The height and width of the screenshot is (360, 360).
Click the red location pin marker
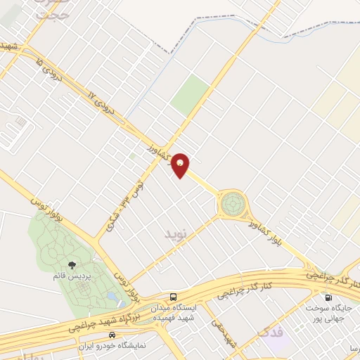pyautogui.click(x=181, y=165)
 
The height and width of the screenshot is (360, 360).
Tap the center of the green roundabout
pyautogui.click(x=233, y=205)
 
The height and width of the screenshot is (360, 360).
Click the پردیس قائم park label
pyautogui.click(x=72, y=275)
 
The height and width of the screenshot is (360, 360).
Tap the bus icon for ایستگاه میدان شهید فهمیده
pyautogui.click(x=173, y=296)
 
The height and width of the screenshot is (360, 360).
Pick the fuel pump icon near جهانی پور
pyautogui.click(x=328, y=296)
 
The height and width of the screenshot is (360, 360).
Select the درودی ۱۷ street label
pyautogui.click(x=103, y=103)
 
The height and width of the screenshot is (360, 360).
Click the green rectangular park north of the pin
pyautogui.click(x=191, y=95)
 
